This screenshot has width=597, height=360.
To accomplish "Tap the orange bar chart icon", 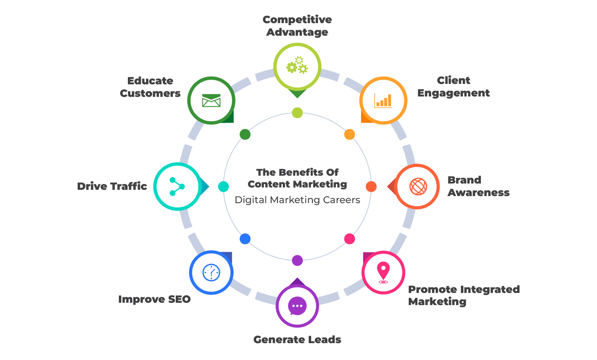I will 383,100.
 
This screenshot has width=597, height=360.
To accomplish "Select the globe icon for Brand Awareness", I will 418,186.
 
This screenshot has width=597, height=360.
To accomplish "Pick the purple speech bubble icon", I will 297,306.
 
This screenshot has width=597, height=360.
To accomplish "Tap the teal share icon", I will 177,186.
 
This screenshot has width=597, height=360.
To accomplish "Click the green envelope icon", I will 211,100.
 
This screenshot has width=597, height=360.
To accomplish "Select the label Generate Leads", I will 297,340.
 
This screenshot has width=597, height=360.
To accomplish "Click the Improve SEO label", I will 154,299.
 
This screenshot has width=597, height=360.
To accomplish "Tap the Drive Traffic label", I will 112,186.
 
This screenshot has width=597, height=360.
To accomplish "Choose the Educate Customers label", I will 150,87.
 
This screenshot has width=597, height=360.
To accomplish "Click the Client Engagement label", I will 453,87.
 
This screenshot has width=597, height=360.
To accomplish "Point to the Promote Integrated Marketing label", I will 464,295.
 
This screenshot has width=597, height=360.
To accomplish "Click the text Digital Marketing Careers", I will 297,200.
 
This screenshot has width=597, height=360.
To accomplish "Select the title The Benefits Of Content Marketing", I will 297,178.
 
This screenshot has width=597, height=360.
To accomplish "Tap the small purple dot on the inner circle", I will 297,260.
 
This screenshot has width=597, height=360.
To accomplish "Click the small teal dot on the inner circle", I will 223,187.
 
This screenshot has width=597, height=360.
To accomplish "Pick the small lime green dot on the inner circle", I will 297,113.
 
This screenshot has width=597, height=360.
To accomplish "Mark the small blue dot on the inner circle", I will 245,239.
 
